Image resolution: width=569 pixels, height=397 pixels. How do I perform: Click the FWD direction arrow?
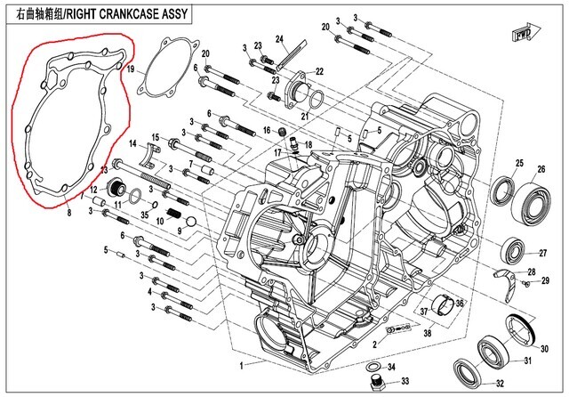tap(525, 35)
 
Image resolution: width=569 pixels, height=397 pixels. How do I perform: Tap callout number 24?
tap(277, 38)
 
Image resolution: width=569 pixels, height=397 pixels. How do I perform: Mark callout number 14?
tap(132, 144)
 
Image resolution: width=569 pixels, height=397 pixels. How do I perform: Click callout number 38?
tap(427, 335)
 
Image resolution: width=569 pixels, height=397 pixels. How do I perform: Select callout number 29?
tap(546, 280)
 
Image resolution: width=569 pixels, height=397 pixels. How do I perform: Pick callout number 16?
tap(266, 130)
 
